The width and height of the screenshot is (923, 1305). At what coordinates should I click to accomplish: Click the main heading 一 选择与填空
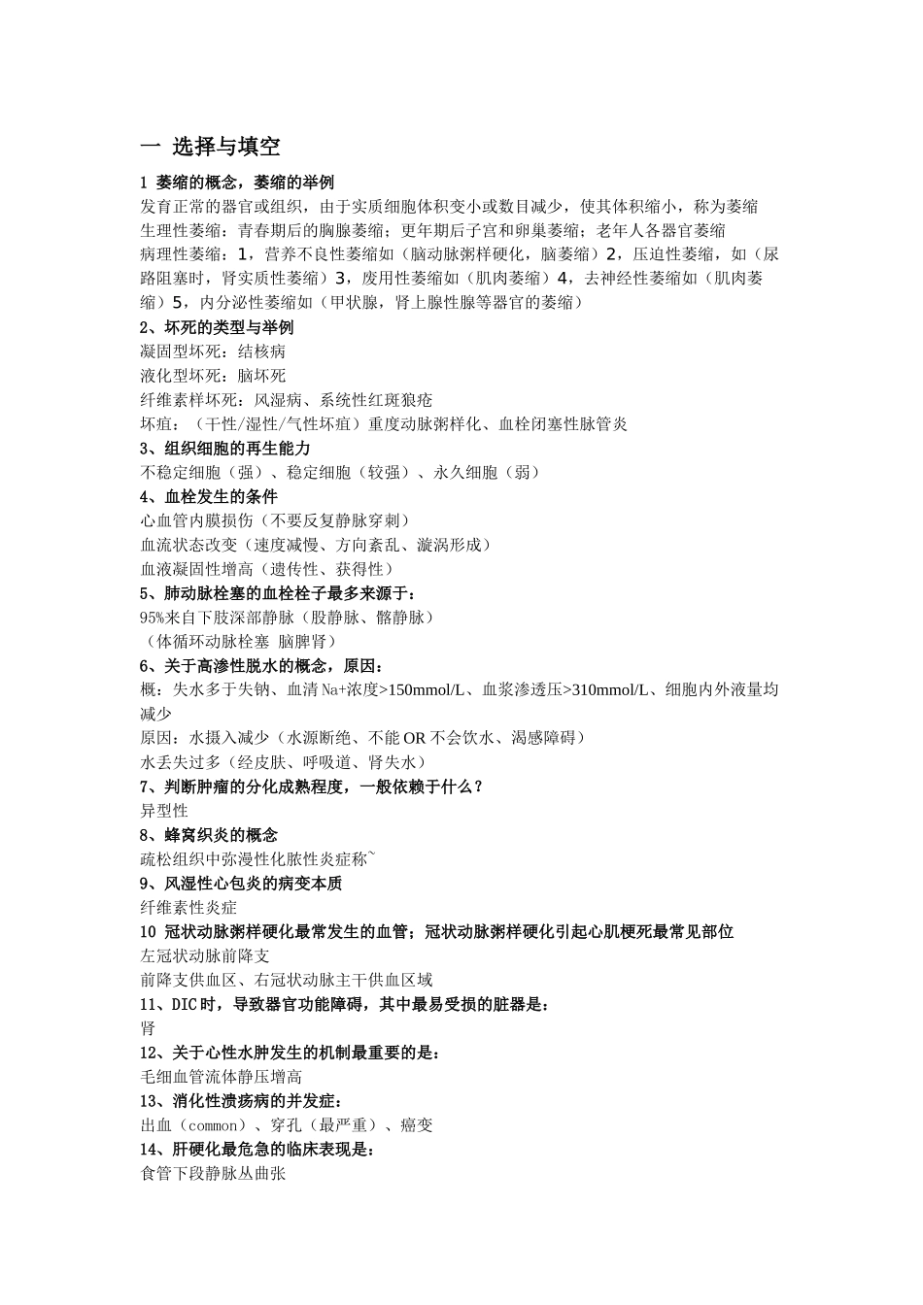pos(211,148)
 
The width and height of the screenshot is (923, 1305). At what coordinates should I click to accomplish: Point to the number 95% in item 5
pos(154,618)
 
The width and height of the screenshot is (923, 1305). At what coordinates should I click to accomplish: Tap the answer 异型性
pos(164,811)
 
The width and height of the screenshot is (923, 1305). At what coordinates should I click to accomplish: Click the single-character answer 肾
pos(148,1028)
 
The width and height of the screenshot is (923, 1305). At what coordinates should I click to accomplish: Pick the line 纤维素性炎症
pos(188,907)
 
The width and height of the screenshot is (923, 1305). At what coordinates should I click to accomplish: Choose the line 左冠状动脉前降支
pos(205,955)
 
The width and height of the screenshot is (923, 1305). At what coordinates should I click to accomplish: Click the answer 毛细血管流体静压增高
pos(221,1077)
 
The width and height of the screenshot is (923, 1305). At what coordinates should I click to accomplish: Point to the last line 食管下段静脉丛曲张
pos(213,1174)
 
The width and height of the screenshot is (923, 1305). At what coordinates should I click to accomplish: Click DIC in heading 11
pos(185,1004)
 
